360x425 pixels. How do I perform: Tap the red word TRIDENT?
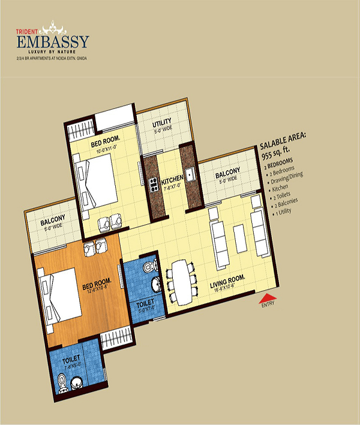coord(27,28)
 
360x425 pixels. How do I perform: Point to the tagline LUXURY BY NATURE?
coord(54,52)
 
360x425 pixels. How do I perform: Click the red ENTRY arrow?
coord(267,297)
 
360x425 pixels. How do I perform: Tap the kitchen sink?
coord(190,176)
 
